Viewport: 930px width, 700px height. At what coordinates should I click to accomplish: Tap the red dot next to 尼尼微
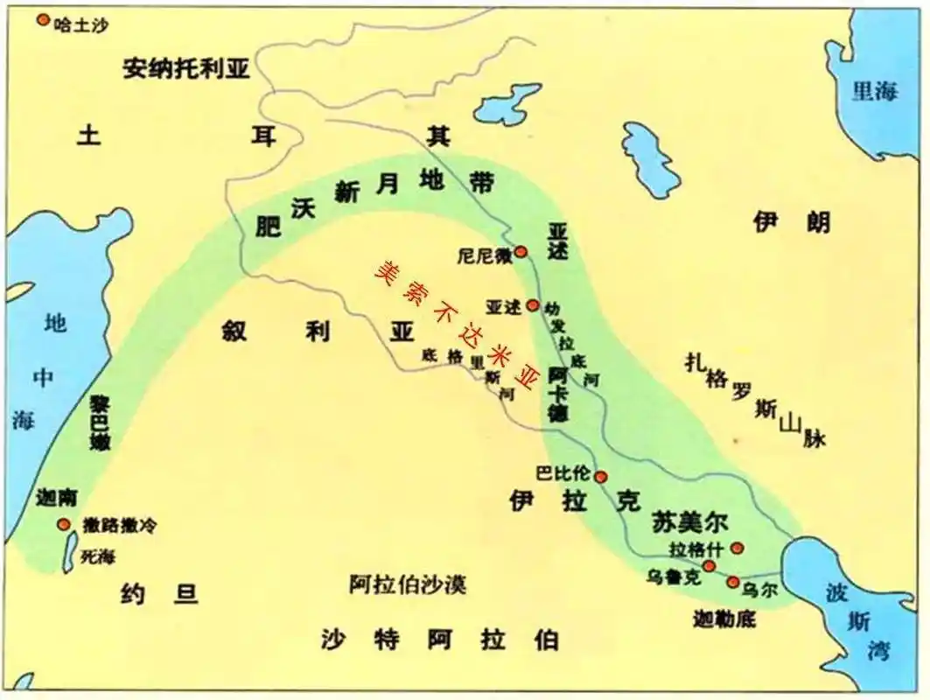click(521, 252)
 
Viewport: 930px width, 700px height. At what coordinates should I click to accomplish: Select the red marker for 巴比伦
click(601, 477)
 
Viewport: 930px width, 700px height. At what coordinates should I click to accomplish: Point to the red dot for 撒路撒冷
click(64, 524)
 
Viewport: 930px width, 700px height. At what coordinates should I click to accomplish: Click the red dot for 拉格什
click(737, 548)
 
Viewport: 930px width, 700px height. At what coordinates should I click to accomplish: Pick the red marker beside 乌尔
click(733, 582)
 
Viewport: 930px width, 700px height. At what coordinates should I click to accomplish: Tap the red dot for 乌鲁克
click(709, 566)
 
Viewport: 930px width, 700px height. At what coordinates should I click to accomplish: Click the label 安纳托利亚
click(186, 70)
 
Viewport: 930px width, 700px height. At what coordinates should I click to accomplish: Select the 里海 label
click(876, 91)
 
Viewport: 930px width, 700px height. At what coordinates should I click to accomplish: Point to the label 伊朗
click(792, 223)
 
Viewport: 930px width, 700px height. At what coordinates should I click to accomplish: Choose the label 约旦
click(160, 596)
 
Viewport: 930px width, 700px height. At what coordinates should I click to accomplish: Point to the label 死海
click(97, 555)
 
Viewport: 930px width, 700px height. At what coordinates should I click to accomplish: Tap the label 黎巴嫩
click(100, 422)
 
